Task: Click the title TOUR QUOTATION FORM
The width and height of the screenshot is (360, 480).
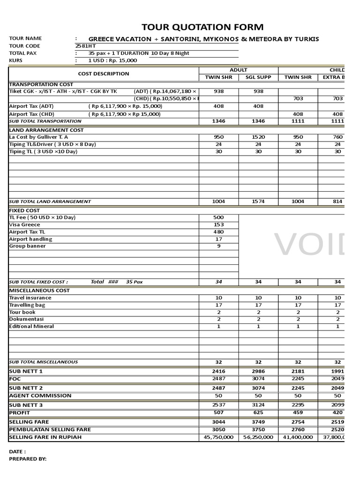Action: click(202, 27)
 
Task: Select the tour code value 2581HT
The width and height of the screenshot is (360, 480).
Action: click(84, 46)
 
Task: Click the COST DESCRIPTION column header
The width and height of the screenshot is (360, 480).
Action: click(104, 74)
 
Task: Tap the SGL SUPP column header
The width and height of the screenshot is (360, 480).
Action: click(258, 77)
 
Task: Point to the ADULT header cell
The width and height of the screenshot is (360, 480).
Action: click(239, 70)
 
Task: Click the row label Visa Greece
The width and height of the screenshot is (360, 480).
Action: click(25, 225)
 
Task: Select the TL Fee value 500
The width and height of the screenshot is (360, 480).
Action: click(219, 217)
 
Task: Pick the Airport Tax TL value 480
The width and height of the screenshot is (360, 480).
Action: click(219, 232)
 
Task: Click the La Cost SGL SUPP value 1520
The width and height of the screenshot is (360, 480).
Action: click(258, 137)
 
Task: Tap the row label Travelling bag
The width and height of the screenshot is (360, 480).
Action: click(27, 305)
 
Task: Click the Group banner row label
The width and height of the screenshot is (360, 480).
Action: click(28, 246)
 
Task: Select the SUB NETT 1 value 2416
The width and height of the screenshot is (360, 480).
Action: click(219, 371)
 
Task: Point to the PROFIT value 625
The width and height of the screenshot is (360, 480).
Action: click(258, 413)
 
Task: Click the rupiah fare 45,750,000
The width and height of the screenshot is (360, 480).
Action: click(219, 437)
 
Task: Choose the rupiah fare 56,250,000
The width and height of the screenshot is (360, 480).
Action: click(258, 437)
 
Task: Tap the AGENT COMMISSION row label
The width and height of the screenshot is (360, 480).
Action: click(40, 396)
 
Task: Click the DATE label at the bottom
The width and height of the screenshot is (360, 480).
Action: click(17, 451)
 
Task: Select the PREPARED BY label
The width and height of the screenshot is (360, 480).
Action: click(28, 459)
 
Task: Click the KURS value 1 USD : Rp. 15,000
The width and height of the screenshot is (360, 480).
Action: click(112, 60)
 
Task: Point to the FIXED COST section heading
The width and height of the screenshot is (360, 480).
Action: click(24, 210)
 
